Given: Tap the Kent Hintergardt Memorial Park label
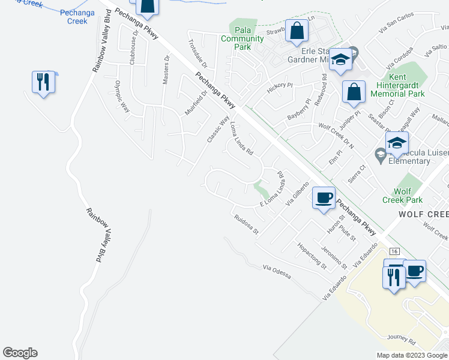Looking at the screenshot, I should pos(398,85).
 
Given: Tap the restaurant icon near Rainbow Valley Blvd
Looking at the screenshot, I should pos(43,81).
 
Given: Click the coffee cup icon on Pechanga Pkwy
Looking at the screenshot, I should pos(324,197).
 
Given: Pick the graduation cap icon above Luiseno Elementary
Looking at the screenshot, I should pos(397,143).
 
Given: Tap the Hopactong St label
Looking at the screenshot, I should pos(312,256).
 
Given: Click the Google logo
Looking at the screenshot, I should pos(20,353).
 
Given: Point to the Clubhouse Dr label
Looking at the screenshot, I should pos(136,41).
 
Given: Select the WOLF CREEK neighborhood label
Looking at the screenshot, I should pos(423,214).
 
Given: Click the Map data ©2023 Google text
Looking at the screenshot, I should pos(411,355).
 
